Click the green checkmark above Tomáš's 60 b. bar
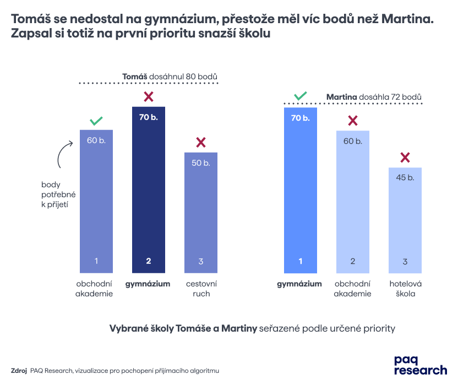tap(96, 120)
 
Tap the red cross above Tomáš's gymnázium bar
tap(149, 97)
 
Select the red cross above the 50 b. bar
tap(201, 143)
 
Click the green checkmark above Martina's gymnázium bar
tap(300, 96)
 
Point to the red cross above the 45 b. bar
tap(405, 158)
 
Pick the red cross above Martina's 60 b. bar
tap(353, 121)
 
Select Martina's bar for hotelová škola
tap(405, 220)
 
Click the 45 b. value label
tap(405, 177)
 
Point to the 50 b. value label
tap(201, 163)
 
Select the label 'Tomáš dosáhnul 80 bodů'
tap(170, 76)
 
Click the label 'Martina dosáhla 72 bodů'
tap(374, 97)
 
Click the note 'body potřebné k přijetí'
tap(58, 194)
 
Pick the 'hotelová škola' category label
tap(405, 289)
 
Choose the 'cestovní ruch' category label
tap(201, 289)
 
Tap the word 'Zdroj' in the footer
tap(19, 371)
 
